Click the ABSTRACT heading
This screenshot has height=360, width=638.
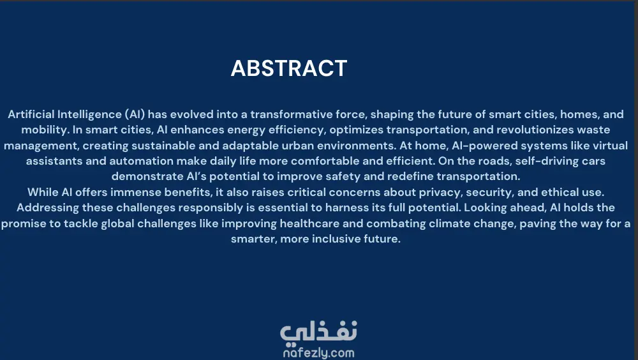tap(289, 68)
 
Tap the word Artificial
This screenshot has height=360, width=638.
tap(31, 114)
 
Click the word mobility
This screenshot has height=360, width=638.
tap(45, 130)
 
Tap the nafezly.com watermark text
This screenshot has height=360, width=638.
tap(318, 353)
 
